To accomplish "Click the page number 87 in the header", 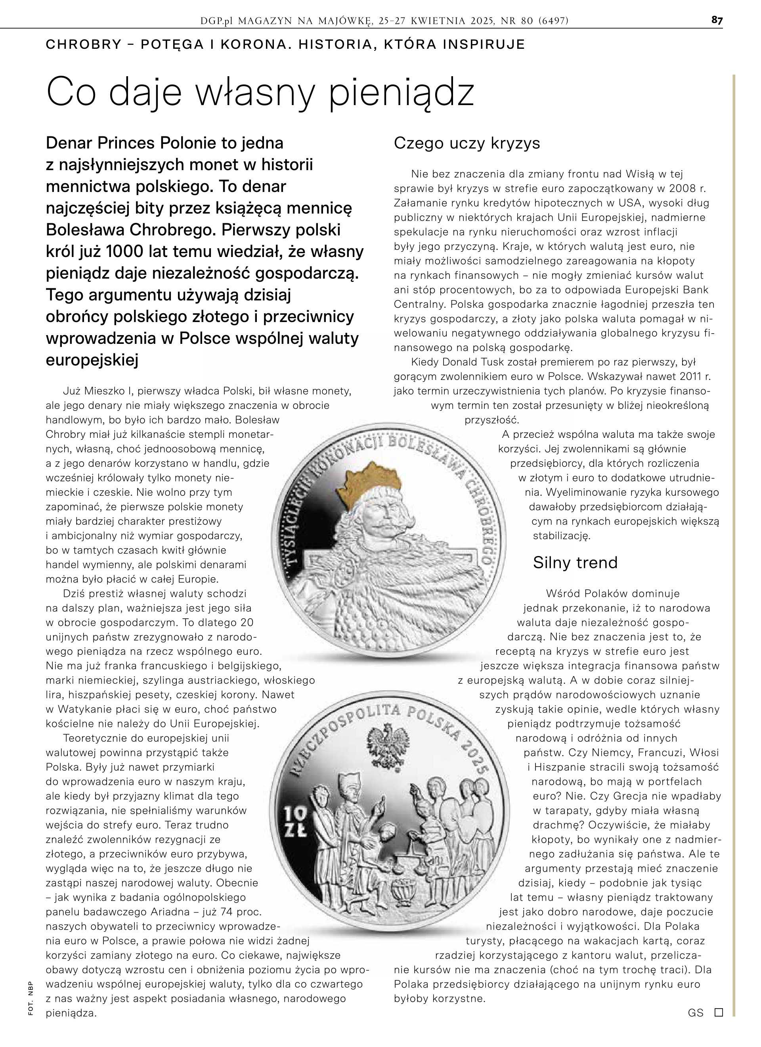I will click(717, 20).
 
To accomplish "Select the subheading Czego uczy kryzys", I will click(467, 143).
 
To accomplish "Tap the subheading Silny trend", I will click(575, 562).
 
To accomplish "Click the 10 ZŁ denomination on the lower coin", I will click(294, 822).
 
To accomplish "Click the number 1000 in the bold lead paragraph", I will click(126, 251).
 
